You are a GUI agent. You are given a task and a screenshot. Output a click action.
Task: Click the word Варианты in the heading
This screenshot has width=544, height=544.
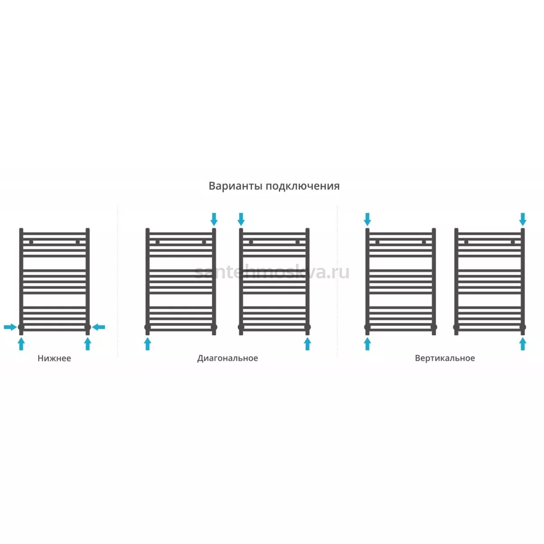[236, 186]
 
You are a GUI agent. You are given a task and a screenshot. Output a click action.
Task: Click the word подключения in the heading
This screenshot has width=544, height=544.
[303, 186]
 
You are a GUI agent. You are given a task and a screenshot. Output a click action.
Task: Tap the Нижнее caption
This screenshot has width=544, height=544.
[54, 358]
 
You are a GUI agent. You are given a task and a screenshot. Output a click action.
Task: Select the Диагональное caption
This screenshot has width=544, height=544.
[228, 358]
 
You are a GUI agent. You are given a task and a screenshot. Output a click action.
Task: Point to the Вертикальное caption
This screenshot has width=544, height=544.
[445, 358]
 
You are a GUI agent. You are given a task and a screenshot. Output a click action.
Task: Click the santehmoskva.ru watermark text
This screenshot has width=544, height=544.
[272, 272]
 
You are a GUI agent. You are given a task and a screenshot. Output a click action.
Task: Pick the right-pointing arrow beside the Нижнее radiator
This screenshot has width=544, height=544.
[10, 327]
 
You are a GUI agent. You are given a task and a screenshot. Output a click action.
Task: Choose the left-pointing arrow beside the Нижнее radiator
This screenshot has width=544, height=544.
[98, 327]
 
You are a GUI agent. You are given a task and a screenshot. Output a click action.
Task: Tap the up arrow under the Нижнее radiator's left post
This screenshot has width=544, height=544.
[21, 344]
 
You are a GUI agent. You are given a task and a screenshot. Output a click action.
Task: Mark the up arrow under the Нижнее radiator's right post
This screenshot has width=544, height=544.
[88, 344]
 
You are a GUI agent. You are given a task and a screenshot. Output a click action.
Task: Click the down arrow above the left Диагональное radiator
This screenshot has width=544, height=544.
[214, 219]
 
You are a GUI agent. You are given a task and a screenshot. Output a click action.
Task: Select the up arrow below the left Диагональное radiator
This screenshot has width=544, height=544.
[147, 344]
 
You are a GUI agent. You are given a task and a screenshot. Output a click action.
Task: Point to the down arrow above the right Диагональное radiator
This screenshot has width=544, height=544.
[241, 219]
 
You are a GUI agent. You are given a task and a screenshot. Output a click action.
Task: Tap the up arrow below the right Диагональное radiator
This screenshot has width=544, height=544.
[307, 344]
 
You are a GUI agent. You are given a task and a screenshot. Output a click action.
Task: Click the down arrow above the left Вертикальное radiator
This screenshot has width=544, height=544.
[367, 219]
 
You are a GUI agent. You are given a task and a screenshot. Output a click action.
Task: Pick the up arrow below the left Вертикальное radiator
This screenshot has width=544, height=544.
[367, 344]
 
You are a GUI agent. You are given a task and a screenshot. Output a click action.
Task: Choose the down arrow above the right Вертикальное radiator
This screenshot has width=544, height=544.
[523, 219]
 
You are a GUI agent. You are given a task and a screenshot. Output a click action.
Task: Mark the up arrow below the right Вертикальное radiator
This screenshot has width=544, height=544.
[523, 344]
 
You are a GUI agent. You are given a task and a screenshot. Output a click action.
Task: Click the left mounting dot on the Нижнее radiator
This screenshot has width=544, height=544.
[31, 242]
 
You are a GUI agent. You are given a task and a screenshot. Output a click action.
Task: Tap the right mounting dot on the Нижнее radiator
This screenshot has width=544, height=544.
[78, 242]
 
